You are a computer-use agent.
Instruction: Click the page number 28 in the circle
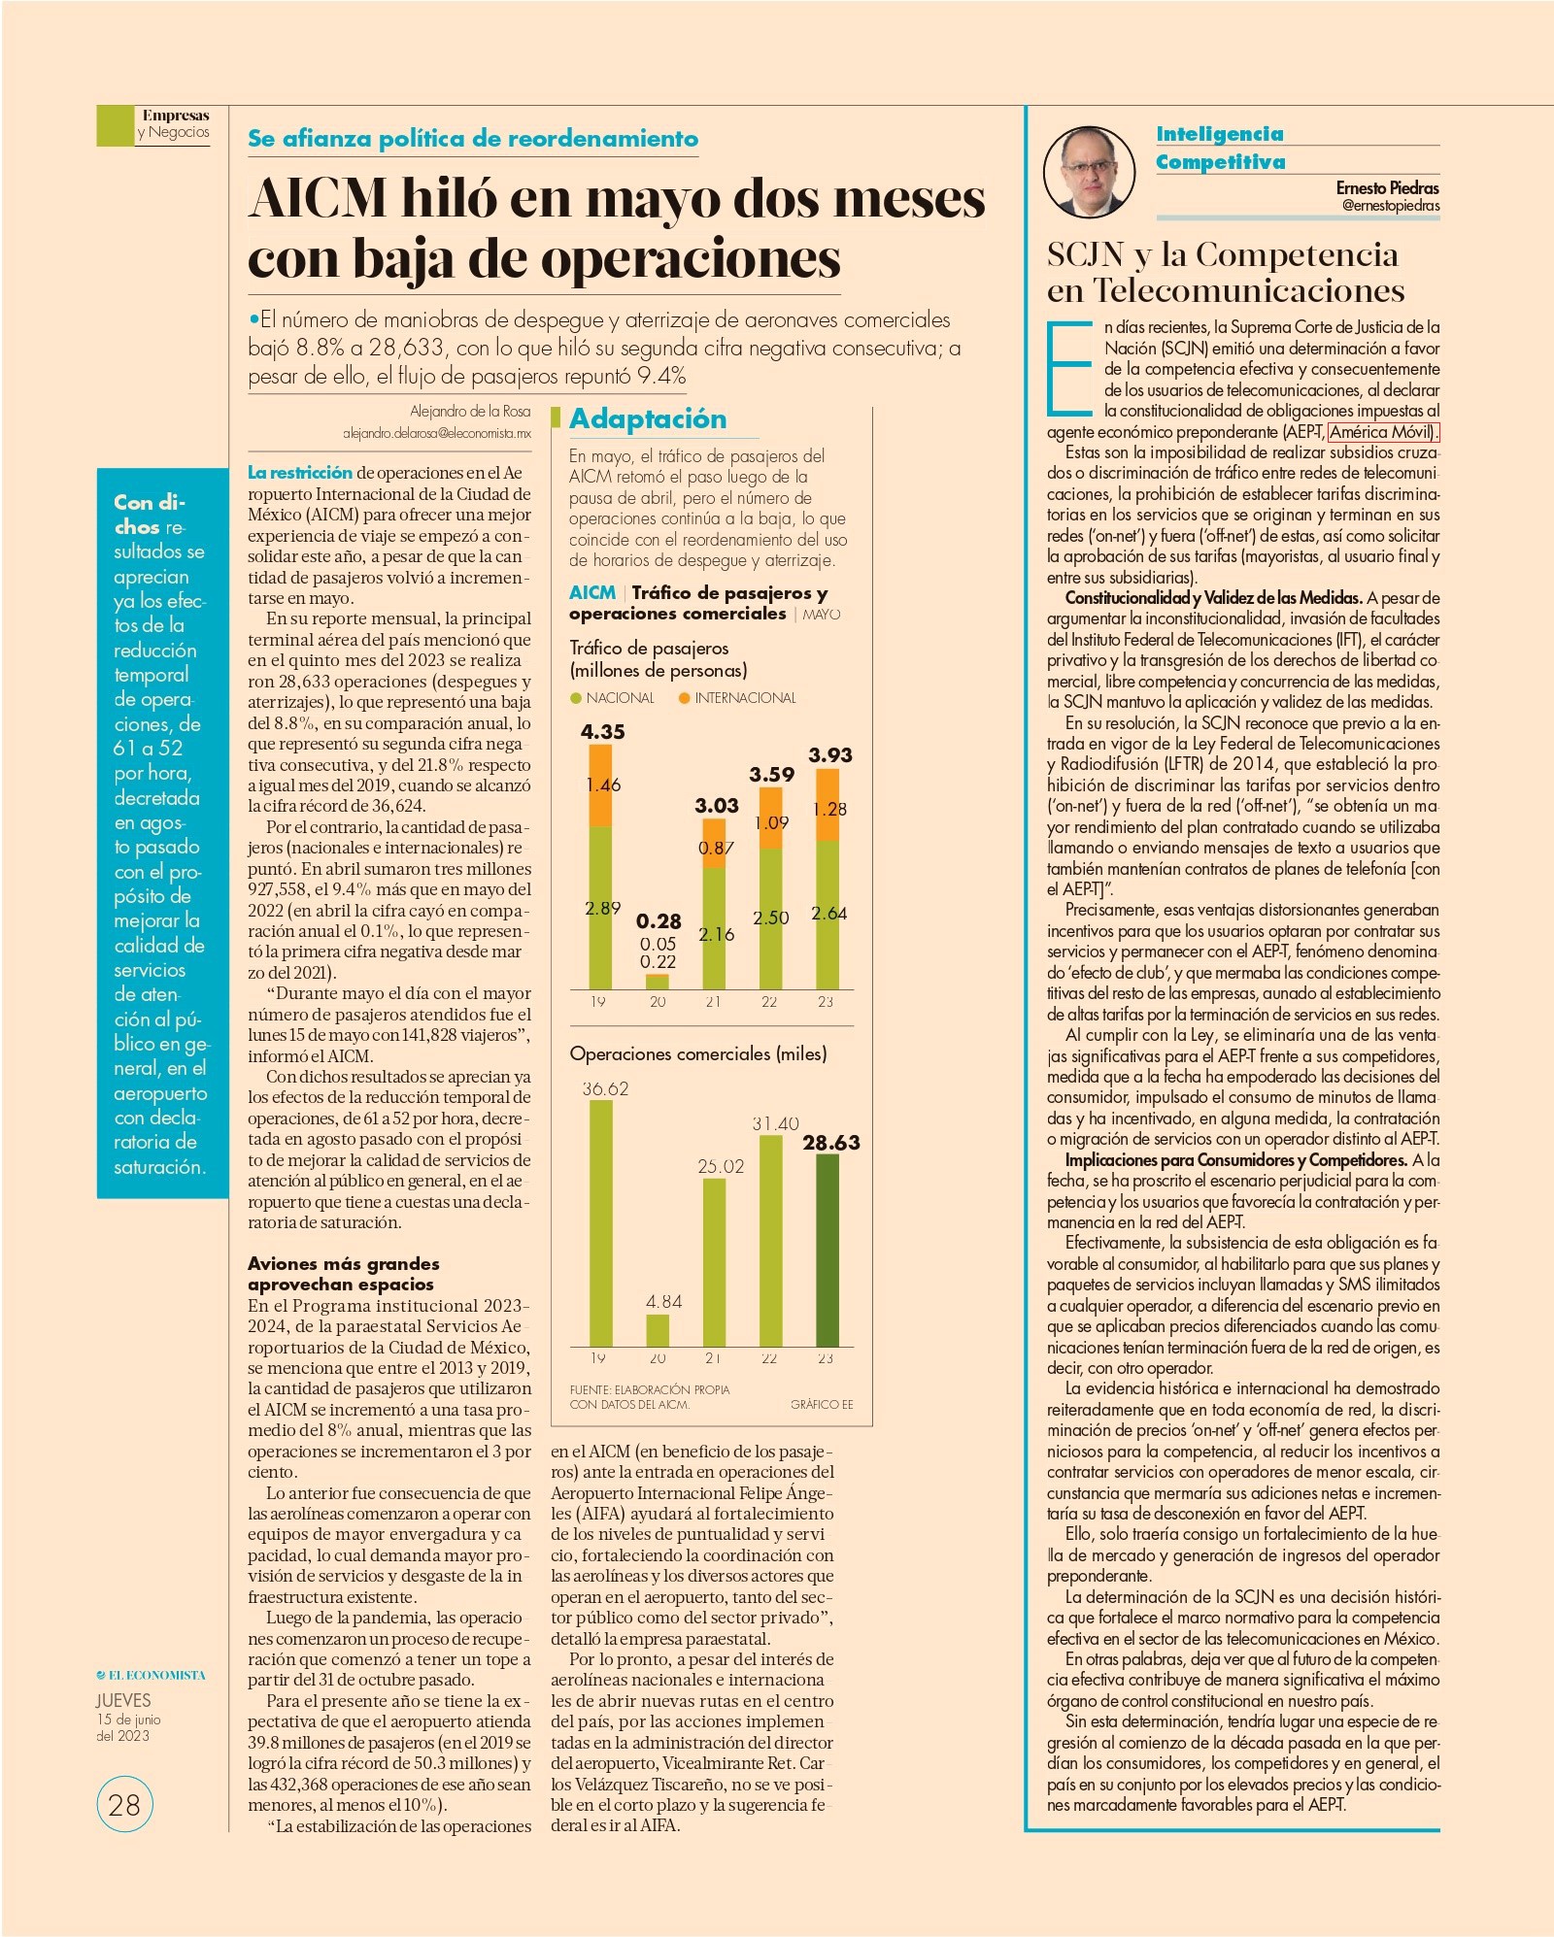click(x=124, y=1804)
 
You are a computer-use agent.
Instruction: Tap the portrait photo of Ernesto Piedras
click(x=1090, y=172)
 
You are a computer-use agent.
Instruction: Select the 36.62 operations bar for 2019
click(x=601, y=1222)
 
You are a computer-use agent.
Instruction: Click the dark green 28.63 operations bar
click(x=827, y=1250)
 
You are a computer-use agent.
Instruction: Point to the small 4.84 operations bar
click(x=658, y=1329)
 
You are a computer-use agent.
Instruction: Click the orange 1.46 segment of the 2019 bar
click(x=601, y=785)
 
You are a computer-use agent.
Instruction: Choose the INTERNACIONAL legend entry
click(x=737, y=697)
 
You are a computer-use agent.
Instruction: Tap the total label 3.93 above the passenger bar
click(x=830, y=754)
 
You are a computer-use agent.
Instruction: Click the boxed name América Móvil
click(x=1383, y=432)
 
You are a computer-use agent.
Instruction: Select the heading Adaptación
click(x=648, y=418)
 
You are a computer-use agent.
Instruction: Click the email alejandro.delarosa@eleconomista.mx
click(x=437, y=433)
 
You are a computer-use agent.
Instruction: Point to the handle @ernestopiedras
click(x=1391, y=206)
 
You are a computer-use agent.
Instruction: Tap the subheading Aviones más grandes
click(x=344, y=1263)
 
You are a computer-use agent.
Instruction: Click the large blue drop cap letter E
click(x=1069, y=366)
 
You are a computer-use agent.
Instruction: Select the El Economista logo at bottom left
click(x=152, y=1675)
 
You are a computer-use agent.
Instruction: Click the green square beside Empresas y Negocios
click(x=115, y=125)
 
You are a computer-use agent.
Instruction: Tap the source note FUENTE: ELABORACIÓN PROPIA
click(x=649, y=1389)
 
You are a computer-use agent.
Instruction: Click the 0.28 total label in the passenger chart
click(x=659, y=920)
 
